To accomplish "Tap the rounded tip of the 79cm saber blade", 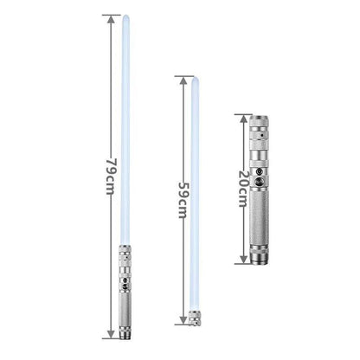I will [x=126, y=18].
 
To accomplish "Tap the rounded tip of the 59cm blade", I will [x=194, y=80].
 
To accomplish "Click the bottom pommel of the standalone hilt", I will [x=259, y=258].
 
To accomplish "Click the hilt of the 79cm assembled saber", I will [x=126, y=290].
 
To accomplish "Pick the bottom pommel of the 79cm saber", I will [x=126, y=333].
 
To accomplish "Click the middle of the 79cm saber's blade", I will [x=126, y=130].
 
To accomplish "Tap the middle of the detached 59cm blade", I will [x=194, y=195].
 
